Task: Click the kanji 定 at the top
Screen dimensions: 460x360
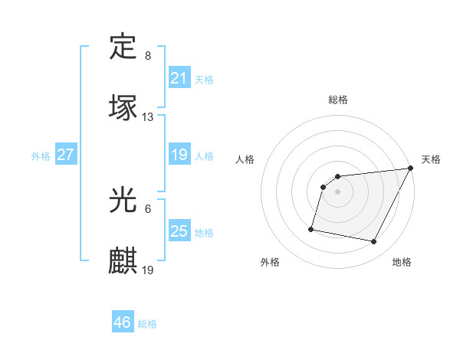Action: coord(123,47)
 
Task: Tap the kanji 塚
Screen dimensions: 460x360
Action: coord(123,106)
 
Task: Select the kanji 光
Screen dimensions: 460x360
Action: coord(123,201)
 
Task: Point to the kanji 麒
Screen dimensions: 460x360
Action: coord(123,260)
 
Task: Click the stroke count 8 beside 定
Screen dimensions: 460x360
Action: coord(147,56)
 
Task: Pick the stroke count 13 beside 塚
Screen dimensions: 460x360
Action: coord(148,117)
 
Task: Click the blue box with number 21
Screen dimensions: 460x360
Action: coord(179,78)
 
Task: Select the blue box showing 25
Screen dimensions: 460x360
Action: coord(179,231)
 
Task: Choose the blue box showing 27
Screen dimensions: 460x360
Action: coord(65,155)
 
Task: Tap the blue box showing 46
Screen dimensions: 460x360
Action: coord(122,322)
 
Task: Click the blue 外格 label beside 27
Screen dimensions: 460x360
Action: coord(41,156)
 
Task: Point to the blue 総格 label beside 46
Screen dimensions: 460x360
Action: coord(147,324)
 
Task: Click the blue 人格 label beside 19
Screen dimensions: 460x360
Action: coord(204,156)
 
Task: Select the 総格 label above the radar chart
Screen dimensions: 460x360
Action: coord(338,100)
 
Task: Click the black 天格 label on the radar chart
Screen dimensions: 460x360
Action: coord(432,159)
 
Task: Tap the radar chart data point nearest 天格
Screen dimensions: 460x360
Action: coord(412,169)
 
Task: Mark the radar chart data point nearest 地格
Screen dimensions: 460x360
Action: coord(373,242)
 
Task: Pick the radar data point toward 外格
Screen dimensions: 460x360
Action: coord(311,229)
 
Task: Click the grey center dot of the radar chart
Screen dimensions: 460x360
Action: coord(337,192)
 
